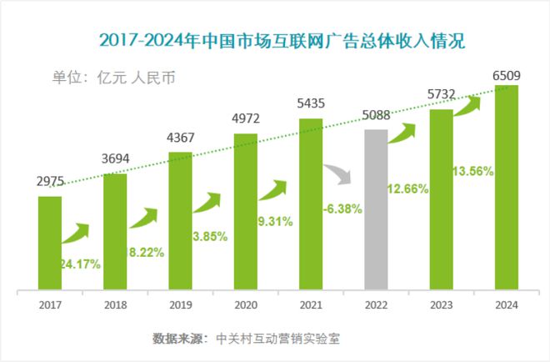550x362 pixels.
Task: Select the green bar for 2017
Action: tap(50, 243)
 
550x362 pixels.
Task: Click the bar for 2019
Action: tap(180, 222)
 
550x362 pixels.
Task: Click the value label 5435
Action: tap(310, 105)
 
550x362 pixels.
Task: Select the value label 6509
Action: tap(507, 76)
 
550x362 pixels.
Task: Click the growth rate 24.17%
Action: tap(80, 264)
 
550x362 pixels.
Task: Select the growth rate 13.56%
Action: tap(472, 171)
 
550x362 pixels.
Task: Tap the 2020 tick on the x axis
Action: tap(245, 306)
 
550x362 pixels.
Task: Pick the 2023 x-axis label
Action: tap(441, 306)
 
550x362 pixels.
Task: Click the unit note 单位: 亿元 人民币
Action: tap(114, 78)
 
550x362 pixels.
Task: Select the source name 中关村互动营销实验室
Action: tap(277, 339)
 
